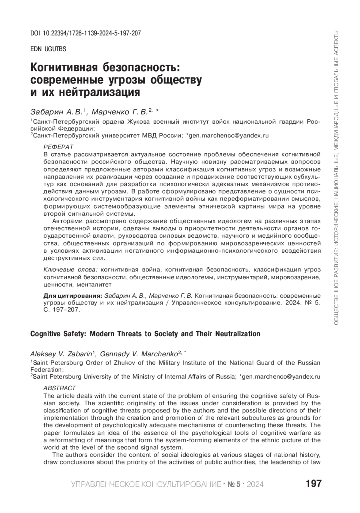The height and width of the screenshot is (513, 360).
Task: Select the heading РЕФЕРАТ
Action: [x=58, y=147]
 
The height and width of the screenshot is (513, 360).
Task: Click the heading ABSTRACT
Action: [x=60, y=388]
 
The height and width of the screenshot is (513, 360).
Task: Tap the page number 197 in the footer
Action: [x=313, y=484]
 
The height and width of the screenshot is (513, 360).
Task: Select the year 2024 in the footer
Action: [x=255, y=484]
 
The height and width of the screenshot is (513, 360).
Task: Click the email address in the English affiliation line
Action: [x=281, y=376]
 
